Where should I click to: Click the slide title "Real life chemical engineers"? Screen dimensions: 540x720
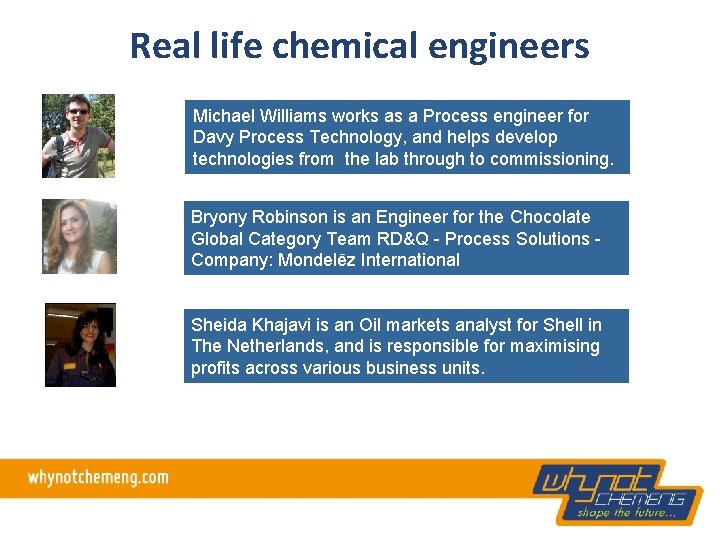pyautogui.click(x=359, y=46)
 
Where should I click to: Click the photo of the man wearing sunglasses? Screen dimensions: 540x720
pyautogui.click(x=78, y=136)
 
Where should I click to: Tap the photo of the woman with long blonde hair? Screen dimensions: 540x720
pyautogui.click(x=79, y=237)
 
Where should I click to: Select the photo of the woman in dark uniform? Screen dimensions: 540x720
pyautogui.click(x=80, y=345)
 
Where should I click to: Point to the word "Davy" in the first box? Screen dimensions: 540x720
pyautogui.click(x=212, y=138)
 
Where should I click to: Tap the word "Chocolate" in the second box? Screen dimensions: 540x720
pyautogui.click(x=550, y=217)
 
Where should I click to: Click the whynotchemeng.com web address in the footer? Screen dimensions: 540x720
pyautogui.click(x=98, y=478)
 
